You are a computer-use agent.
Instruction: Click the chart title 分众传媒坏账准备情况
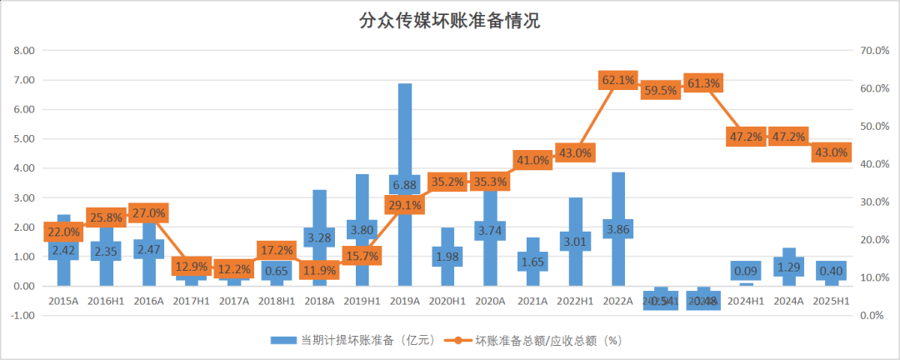click(x=449, y=21)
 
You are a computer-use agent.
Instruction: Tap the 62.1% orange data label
click(x=618, y=80)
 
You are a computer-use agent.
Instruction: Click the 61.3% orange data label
click(x=702, y=83)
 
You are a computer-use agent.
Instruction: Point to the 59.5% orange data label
click(x=660, y=91)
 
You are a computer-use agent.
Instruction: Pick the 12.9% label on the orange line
click(x=192, y=267)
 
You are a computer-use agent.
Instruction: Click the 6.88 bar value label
click(x=404, y=185)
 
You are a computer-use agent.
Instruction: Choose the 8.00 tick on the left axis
click(x=24, y=51)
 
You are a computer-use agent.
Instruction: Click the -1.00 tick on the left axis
click(x=23, y=316)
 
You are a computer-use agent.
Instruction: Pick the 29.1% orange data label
click(x=404, y=204)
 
